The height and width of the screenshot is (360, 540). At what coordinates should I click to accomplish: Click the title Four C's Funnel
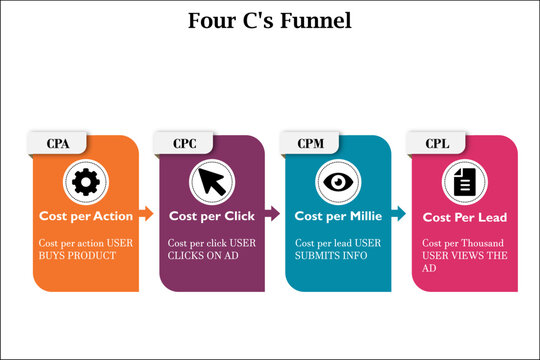pyautogui.click(x=269, y=19)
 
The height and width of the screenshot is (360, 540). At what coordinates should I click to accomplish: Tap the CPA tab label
pyautogui.click(x=59, y=143)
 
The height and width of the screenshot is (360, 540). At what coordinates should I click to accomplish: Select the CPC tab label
pyautogui.click(x=184, y=143)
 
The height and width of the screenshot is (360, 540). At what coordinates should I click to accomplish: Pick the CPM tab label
pyautogui.click(x=310, y=143)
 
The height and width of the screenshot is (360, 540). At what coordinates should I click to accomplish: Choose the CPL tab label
pyautogui.click(x=436, y=143)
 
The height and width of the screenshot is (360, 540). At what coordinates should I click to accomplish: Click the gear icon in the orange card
pyautogui.click(x=84, y=181)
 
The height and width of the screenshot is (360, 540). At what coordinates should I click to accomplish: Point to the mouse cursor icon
pyautogui.click(x=210, y=181)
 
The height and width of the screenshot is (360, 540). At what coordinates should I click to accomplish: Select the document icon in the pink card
pyautogui.click(x=463, y=181)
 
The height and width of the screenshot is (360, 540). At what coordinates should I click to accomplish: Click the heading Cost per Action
pyautogui.click(x=85, y=215)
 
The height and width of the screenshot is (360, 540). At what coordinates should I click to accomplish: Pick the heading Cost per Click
pyautogui.click(x=211, y=215)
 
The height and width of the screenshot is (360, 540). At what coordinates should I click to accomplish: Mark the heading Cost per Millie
pyautogui.click(x=337, y=215)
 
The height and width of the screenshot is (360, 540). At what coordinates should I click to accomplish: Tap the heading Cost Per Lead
pyautogui.click(x=464, y=217)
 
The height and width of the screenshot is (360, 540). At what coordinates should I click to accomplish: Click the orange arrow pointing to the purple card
pyautogui.click(x=145, y=213)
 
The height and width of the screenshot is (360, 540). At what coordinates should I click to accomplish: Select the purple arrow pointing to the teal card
pyautogui.click(x=271, y=213)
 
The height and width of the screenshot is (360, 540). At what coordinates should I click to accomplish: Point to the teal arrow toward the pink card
pyautogui.click(x=397, y=213)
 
